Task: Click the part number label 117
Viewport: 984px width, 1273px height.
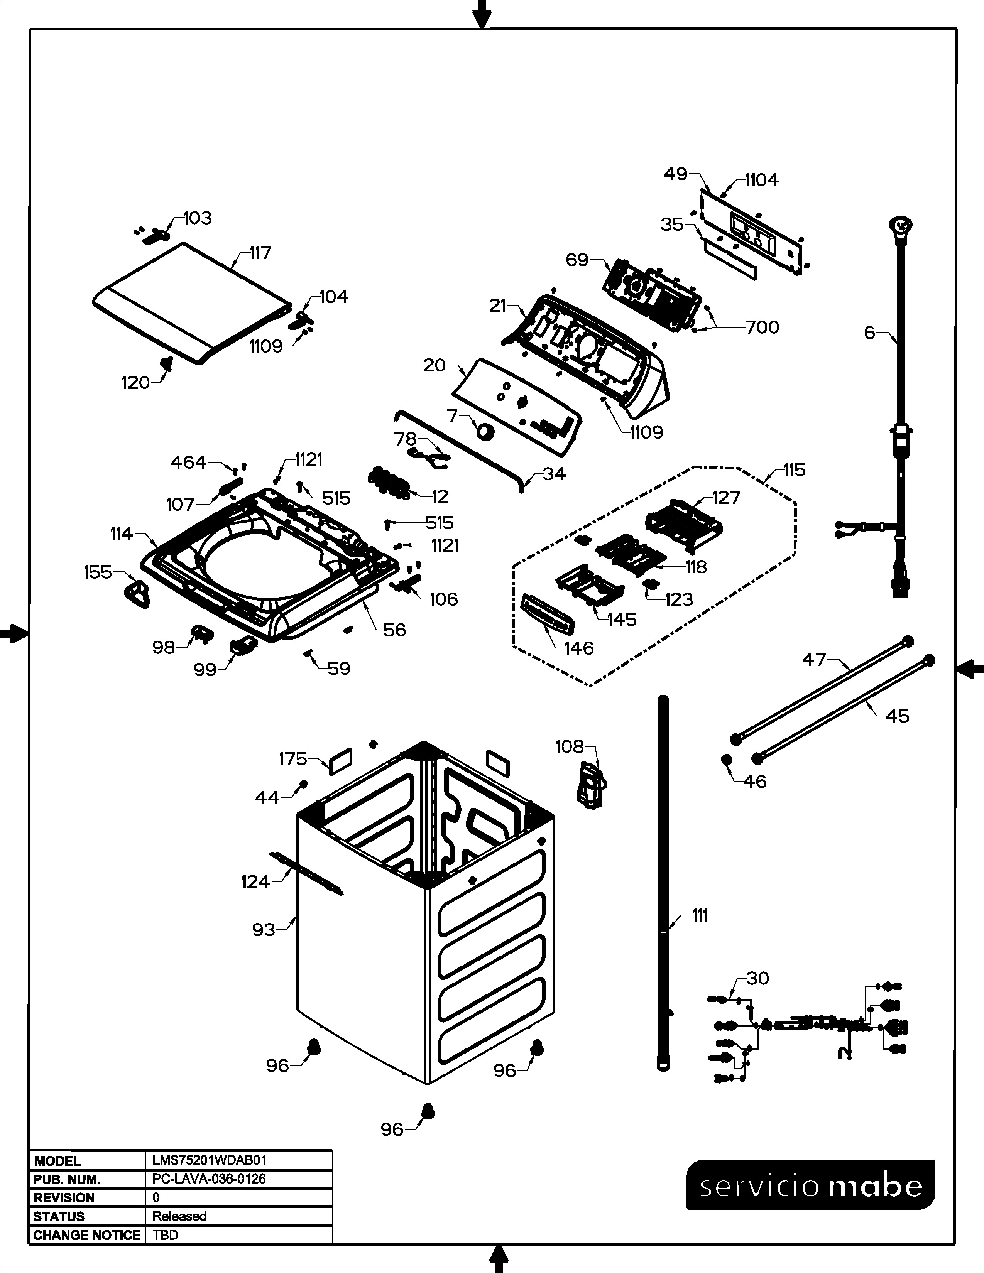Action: (260, 253)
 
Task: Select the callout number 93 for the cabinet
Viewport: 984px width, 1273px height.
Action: (264, 929)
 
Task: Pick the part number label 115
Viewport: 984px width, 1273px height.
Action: (794, 470)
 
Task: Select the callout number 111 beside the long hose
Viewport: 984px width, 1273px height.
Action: (700, 916)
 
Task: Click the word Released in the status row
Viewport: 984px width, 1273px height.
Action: (179, 1216)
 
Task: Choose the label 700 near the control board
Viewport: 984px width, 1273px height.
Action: (763, 328)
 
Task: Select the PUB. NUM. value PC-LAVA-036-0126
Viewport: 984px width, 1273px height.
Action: (209, 1178)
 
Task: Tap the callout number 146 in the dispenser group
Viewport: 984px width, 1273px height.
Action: (579, 648)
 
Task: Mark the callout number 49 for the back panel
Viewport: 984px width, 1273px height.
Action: (676, 174)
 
